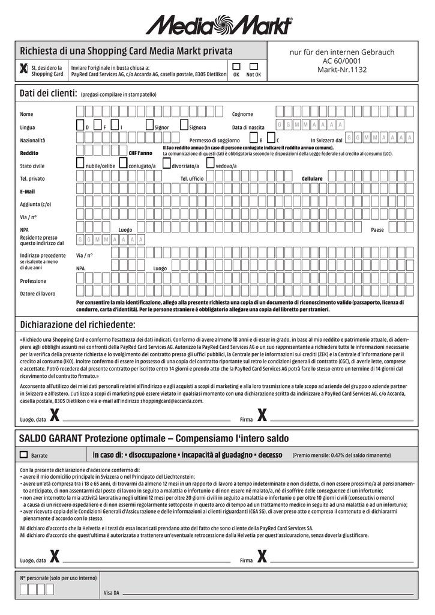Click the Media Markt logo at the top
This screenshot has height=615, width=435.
[x=218, y=25]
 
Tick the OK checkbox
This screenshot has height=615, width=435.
[x=236, y=66]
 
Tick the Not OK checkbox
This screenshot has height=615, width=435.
[x=253, y=66]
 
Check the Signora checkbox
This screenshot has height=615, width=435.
[x=185, y=125]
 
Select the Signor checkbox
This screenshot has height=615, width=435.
[x=150, y=125]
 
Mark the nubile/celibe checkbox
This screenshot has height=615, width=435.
[x=80, y=163]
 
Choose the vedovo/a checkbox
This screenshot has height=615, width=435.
[x=211, y=163]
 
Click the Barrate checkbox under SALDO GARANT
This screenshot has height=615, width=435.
[x=24, y=455]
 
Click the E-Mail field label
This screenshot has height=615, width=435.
[x=28, y=192]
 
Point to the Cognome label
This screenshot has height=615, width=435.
[x=242, y=114]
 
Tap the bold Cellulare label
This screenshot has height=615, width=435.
[x=312, y=179]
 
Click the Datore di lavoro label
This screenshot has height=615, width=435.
[x=37, y=294]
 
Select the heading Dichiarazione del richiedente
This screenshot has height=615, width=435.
[x=78, y=325]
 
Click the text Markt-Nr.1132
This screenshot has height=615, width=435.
[x=342, y=70]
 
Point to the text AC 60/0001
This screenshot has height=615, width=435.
[x=342, y=61]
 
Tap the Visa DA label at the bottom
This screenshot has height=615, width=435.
[x=111, y=593]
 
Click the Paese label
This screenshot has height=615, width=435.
[x=377, y=230]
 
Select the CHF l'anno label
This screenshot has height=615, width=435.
[x=140, y=153]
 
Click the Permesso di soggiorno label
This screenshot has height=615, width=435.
[x=214, y=140]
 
